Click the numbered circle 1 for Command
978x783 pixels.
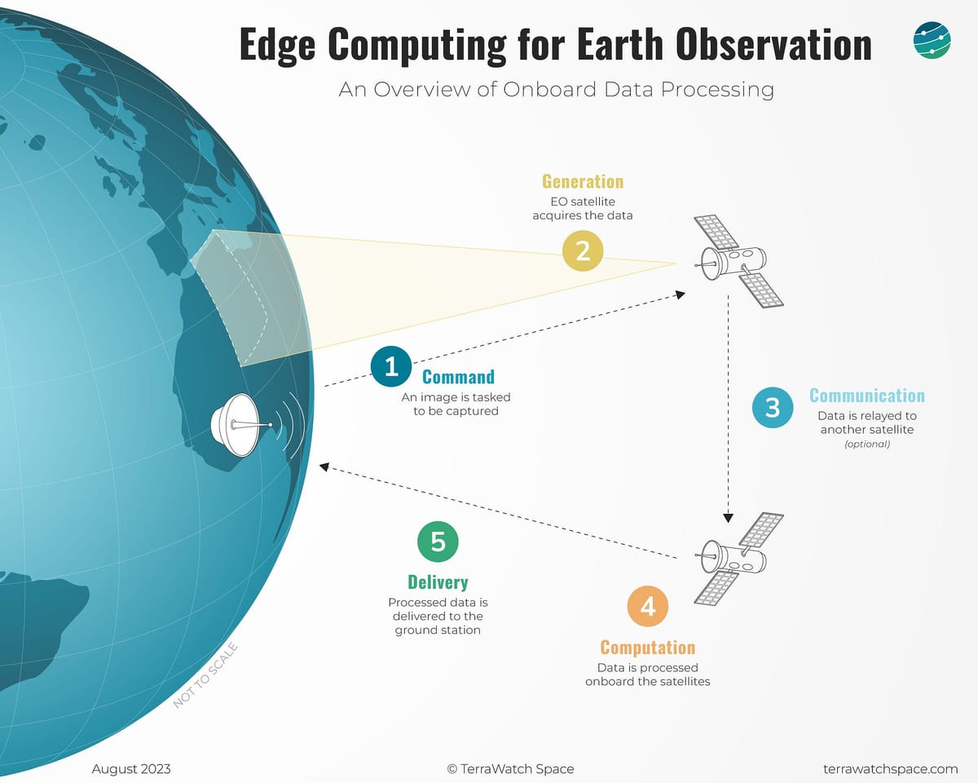391,366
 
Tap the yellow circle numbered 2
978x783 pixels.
583,250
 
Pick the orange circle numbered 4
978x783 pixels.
648,606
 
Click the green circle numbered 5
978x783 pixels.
438,542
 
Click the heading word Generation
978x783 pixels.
583,181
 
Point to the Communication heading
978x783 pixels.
866,396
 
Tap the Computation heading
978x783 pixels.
648,648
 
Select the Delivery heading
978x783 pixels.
438,582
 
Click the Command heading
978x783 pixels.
458,377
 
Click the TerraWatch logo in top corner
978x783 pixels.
932,41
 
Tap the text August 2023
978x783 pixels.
131,768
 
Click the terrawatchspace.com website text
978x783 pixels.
890,768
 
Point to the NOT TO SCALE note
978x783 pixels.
205,675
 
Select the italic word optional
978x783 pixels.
866,445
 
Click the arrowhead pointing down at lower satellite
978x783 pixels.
729,517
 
